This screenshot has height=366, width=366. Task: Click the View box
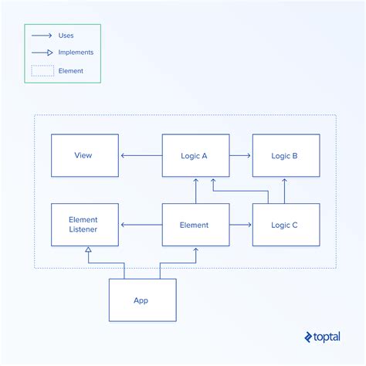pyautogui.click(x=84, y=155)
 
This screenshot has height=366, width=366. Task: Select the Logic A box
pyautogui.click(x=195, y=155)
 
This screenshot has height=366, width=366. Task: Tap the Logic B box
pyautogui.click(x=286, y=155)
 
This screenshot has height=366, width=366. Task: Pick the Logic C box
pyautogui.click(x=286, y=225)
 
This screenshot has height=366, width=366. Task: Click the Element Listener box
pyautogui.click(x=84, y=225)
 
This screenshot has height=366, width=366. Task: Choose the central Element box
pyautogui.click(x=195, y=225)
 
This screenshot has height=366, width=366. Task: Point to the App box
pyautogui.click(x=142, y=300)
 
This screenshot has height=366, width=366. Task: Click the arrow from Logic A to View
pyautogui.click(x=141, y=155)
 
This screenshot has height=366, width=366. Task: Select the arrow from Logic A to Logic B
pyautogui.click(x=240, y=155)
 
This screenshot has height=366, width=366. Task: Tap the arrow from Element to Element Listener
pyautogui.click(x=141, y=225)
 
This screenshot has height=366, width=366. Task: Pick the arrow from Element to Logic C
pyautogui.click(x=240, y=225)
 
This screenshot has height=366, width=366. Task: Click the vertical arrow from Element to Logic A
pyautogui.click(x=195, y=190)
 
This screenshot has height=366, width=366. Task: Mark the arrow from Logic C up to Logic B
pyautogui.click(x=284, y=190)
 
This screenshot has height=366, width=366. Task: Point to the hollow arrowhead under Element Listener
pyautogui.click(x=90, y=249)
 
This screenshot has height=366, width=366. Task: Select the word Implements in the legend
pyautogui.click(x=76, y=53)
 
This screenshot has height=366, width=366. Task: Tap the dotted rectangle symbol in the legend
pyautogui.click(x=42, y=70)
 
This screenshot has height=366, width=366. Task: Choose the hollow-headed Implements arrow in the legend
pyautogui.click(x=42, y=53)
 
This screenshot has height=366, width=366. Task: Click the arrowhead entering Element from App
pyautogui.click(x=196, y=250)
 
